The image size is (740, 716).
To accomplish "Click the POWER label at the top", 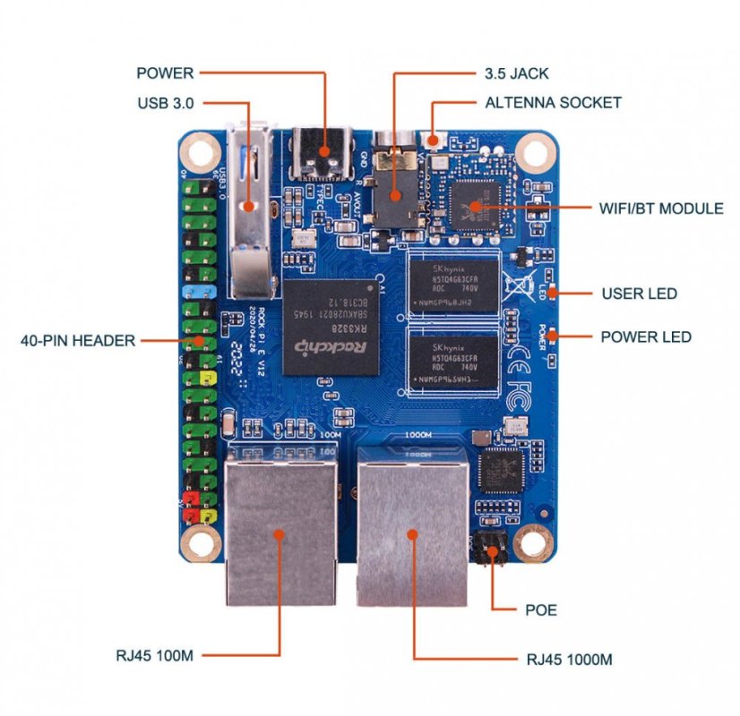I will tap(165, 72).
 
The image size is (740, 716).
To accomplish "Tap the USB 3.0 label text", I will tap(166, 103).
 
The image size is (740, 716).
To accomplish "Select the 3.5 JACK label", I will tap(517, 72).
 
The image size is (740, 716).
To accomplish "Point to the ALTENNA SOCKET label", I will tap(553, 102).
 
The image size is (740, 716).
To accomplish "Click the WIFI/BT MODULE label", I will tap(661, 209).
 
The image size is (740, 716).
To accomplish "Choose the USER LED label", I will tap(639, 294).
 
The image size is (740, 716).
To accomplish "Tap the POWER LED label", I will tap(645, 337).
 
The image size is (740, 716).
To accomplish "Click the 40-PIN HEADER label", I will tap(78, 340).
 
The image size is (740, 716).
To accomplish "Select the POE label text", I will tap(540, 610).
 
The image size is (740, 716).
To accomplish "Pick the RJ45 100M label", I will tap(155, 655).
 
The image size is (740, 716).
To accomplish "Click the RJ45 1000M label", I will tap(569, 660).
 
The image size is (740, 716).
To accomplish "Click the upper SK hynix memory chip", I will tap(452, 284).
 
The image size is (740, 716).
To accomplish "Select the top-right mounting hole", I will tap(535, 145).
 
